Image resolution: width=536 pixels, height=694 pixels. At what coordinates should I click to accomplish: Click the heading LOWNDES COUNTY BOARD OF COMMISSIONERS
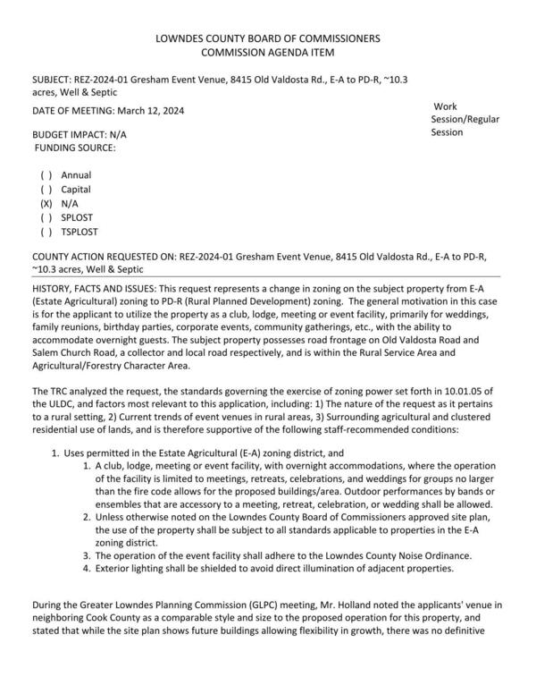[268, 38]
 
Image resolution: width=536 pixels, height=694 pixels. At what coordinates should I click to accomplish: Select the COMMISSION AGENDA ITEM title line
[268, 53]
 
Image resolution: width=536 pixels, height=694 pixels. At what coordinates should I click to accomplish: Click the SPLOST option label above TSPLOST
[77, 218]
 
